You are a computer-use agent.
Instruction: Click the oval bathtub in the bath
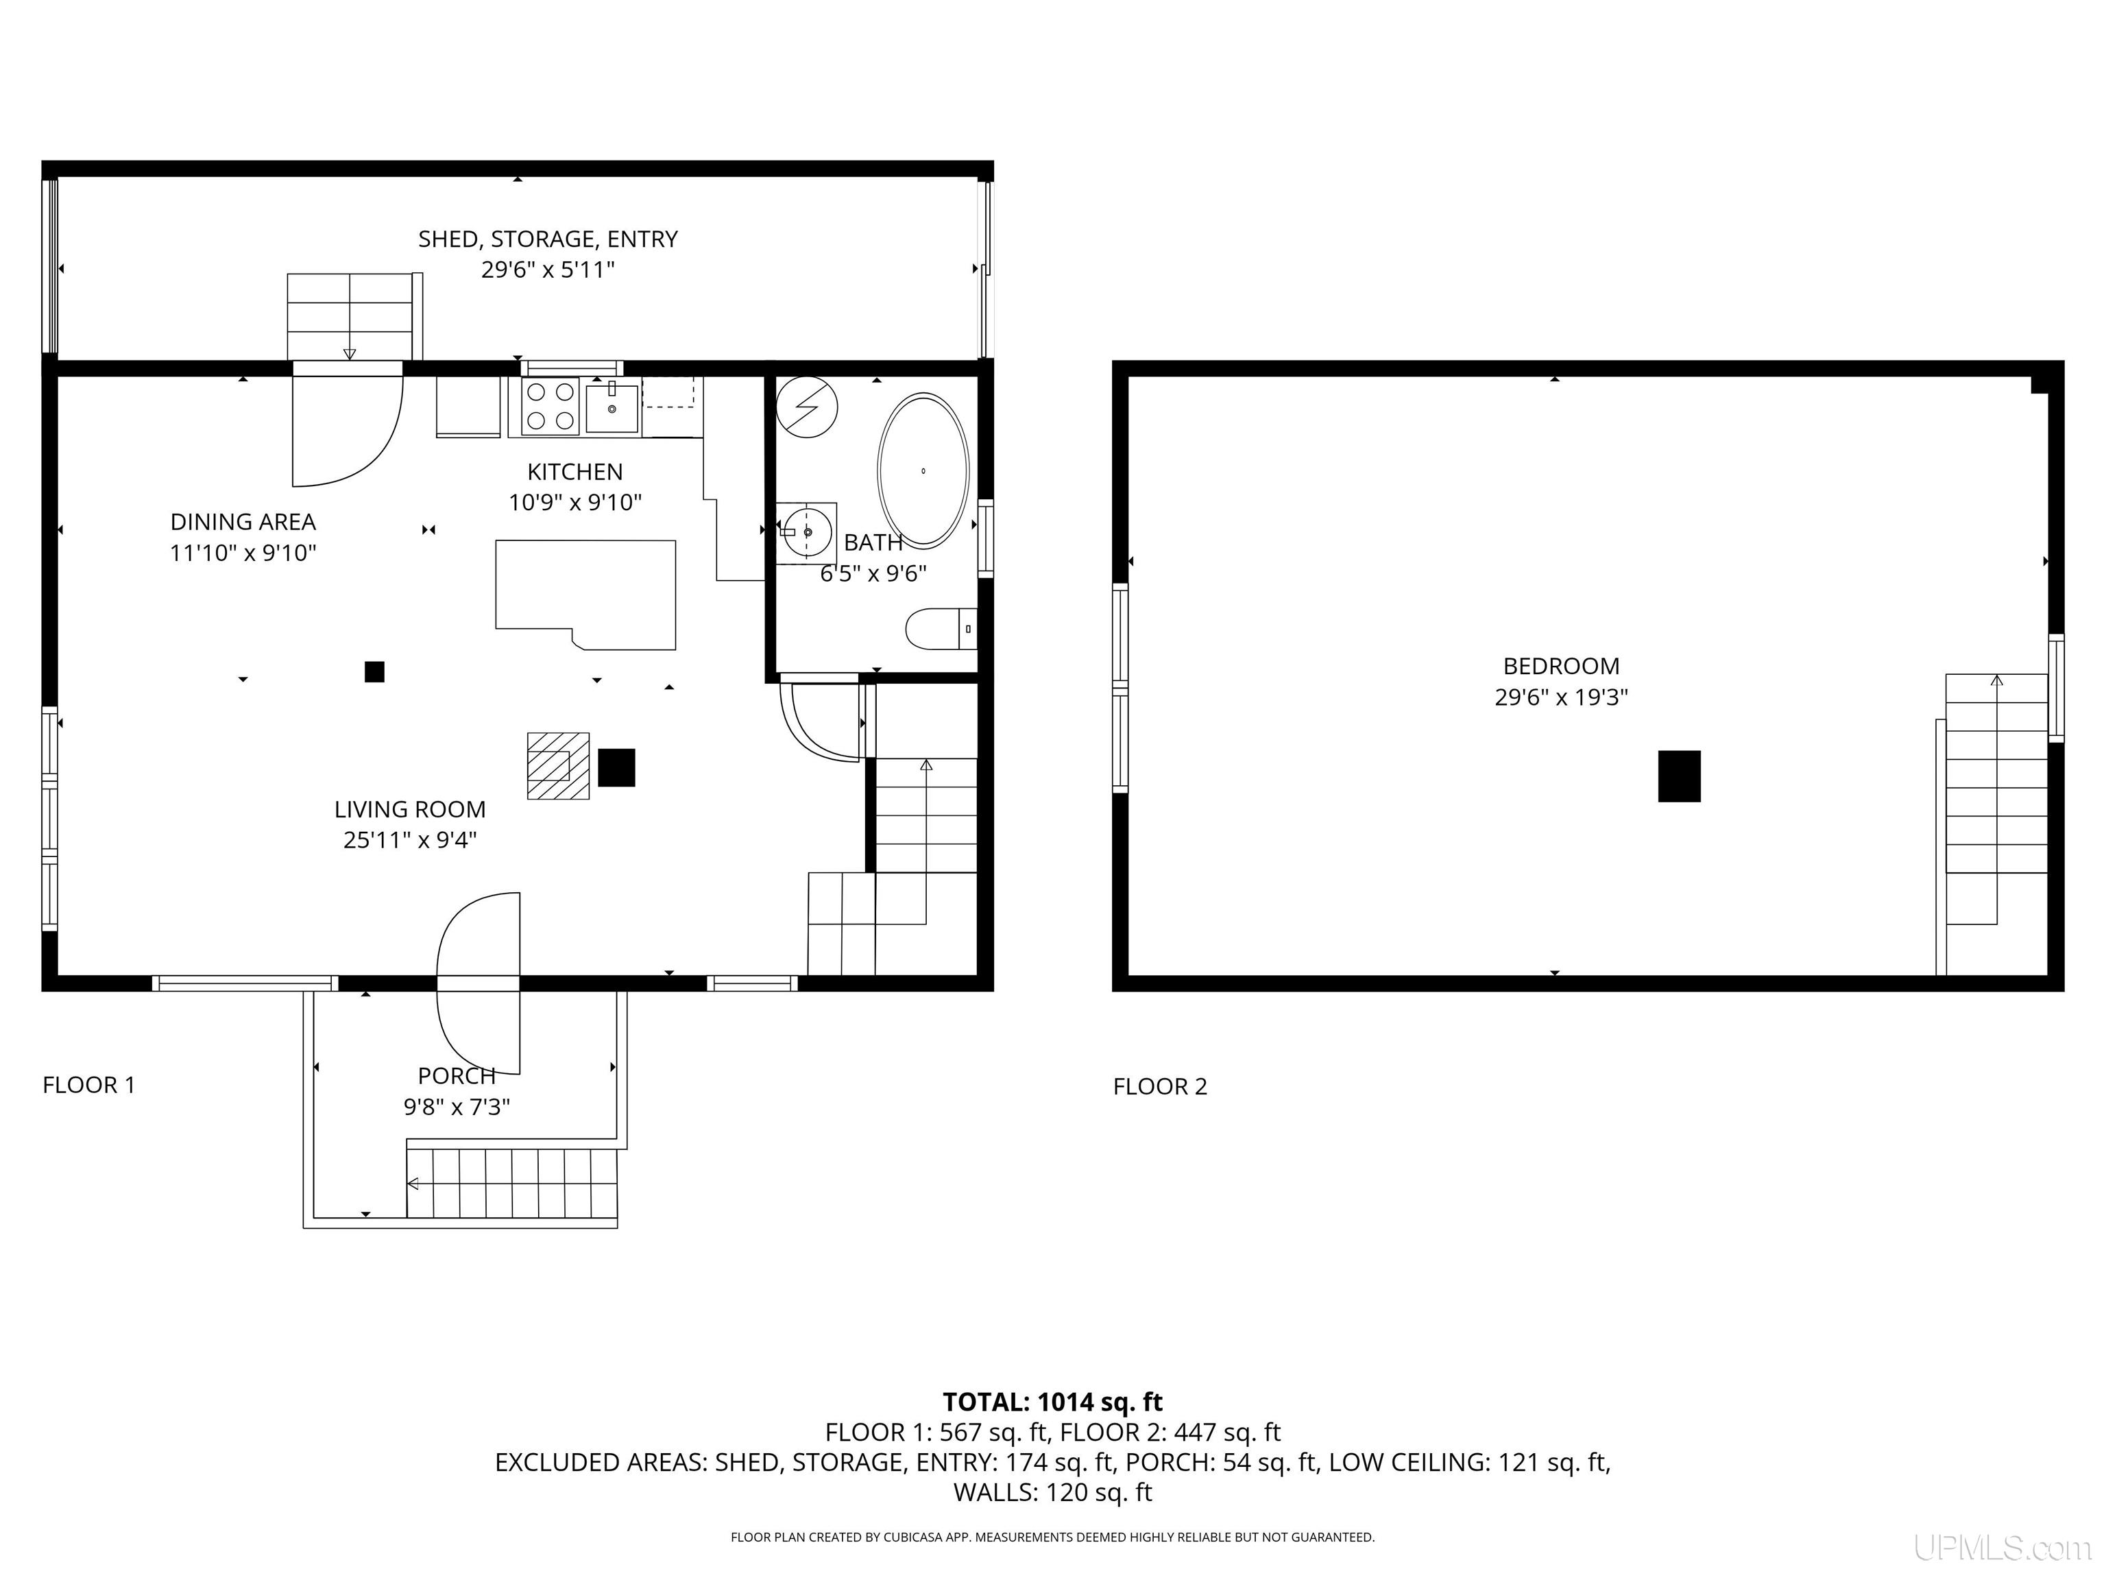coord(923,470)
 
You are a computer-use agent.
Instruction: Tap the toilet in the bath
coord(939,630)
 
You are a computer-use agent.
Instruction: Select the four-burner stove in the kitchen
coord(549,407)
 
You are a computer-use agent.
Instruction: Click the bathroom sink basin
coord(806,531)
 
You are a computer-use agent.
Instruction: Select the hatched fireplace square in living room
coord(558,765)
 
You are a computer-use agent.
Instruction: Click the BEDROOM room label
coord(1560,666)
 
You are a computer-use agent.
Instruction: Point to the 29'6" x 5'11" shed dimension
coord(548,270)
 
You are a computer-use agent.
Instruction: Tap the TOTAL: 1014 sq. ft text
coord(1052,1402)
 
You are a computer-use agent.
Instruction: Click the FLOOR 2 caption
coord(1160,1087)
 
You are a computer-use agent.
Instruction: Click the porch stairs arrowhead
coord(413,1184)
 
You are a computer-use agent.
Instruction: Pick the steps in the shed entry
coord(350,316)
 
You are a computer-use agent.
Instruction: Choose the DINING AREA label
coord(243,522)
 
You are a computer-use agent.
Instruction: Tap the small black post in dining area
coord(374,671)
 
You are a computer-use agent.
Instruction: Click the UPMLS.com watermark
coord(2001,1548)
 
